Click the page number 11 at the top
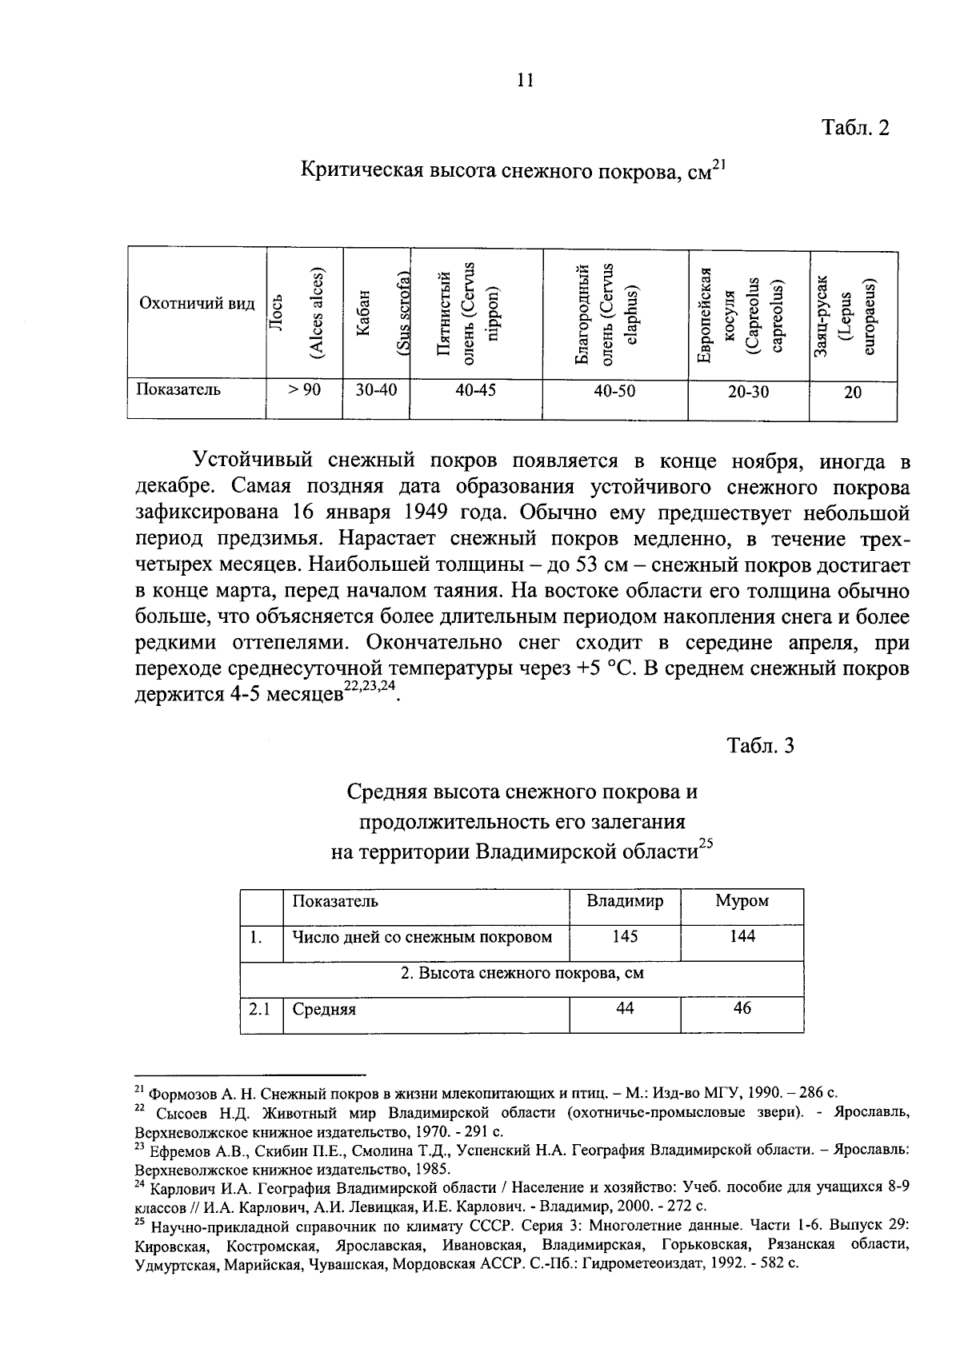[x=525, y=80]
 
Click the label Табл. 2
[x=855, y=128]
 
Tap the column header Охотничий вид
[x=197, y=304]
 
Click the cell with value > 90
[x=304, y=390]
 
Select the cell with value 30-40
[x=375, y=390]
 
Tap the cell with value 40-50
[x=614, y=392]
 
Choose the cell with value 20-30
[x=748, y=392]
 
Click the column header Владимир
[x=625, y=901]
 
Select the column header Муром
[x=742, y=901]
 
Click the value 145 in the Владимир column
[x=625, y=935]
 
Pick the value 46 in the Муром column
[x=742, y=1008]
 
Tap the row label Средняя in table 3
[x=324, y=1010]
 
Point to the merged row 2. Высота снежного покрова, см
[x=522, y=973]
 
